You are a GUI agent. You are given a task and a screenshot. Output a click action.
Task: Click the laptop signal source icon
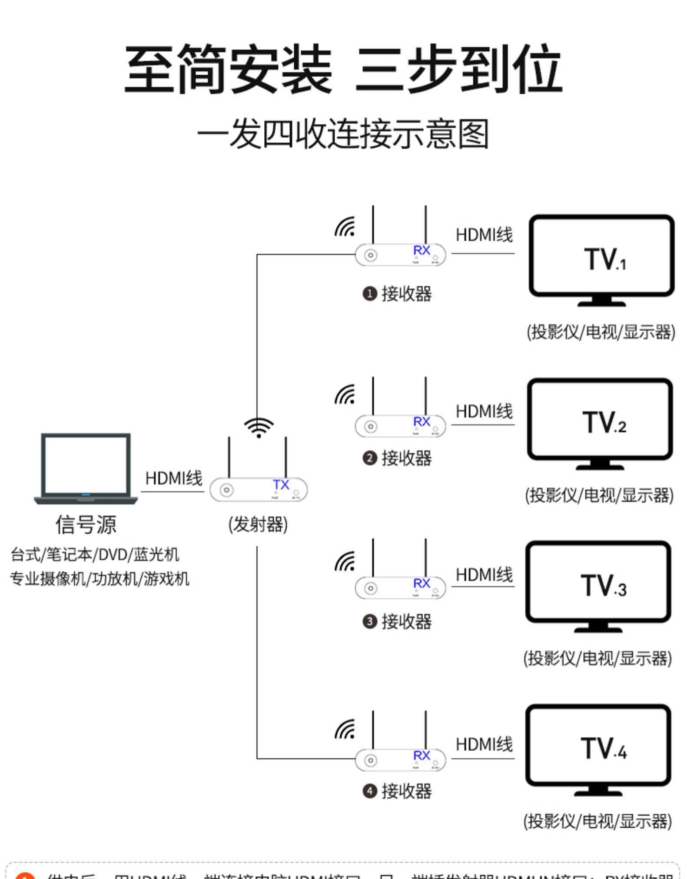pyautogui.click(x=86, y=468)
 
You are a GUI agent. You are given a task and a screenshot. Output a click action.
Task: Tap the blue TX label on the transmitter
pyautogui.click(x=281, y=484)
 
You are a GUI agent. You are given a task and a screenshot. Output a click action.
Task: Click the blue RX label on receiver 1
pyautogui.click(x=421, y=250)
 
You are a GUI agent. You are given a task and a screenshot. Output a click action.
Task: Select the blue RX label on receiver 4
pyautogui.click(x=421, y=755)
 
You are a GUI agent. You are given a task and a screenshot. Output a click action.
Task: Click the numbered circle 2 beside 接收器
pyautogui.click(x=369, y=458)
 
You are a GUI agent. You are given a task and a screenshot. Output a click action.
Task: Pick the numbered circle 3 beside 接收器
pyautogui.click(x=369, y=621)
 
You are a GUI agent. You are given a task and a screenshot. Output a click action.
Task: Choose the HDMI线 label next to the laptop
pyautogui.click(x=173, y=478)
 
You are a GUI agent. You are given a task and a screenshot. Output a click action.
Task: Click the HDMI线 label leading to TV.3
pyautogui.click(x=484, y=574)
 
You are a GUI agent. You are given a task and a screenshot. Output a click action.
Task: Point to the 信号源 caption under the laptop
pyautogui.click(x=86, y=524)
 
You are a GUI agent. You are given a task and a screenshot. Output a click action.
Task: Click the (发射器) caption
pyautogui.click(x=258, y=524)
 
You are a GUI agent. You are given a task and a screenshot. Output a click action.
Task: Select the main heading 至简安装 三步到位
pyautogui.click(x=343, y=70)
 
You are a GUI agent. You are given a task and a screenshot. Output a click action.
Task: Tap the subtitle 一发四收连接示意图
pyautogui.click(x=343, y=134)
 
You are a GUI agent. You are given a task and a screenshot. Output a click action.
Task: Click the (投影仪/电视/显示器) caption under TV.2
pyautogui.click(x=599, y=495)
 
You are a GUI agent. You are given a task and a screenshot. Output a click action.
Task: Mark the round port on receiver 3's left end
pyautogui.click(x=371, y=588)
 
